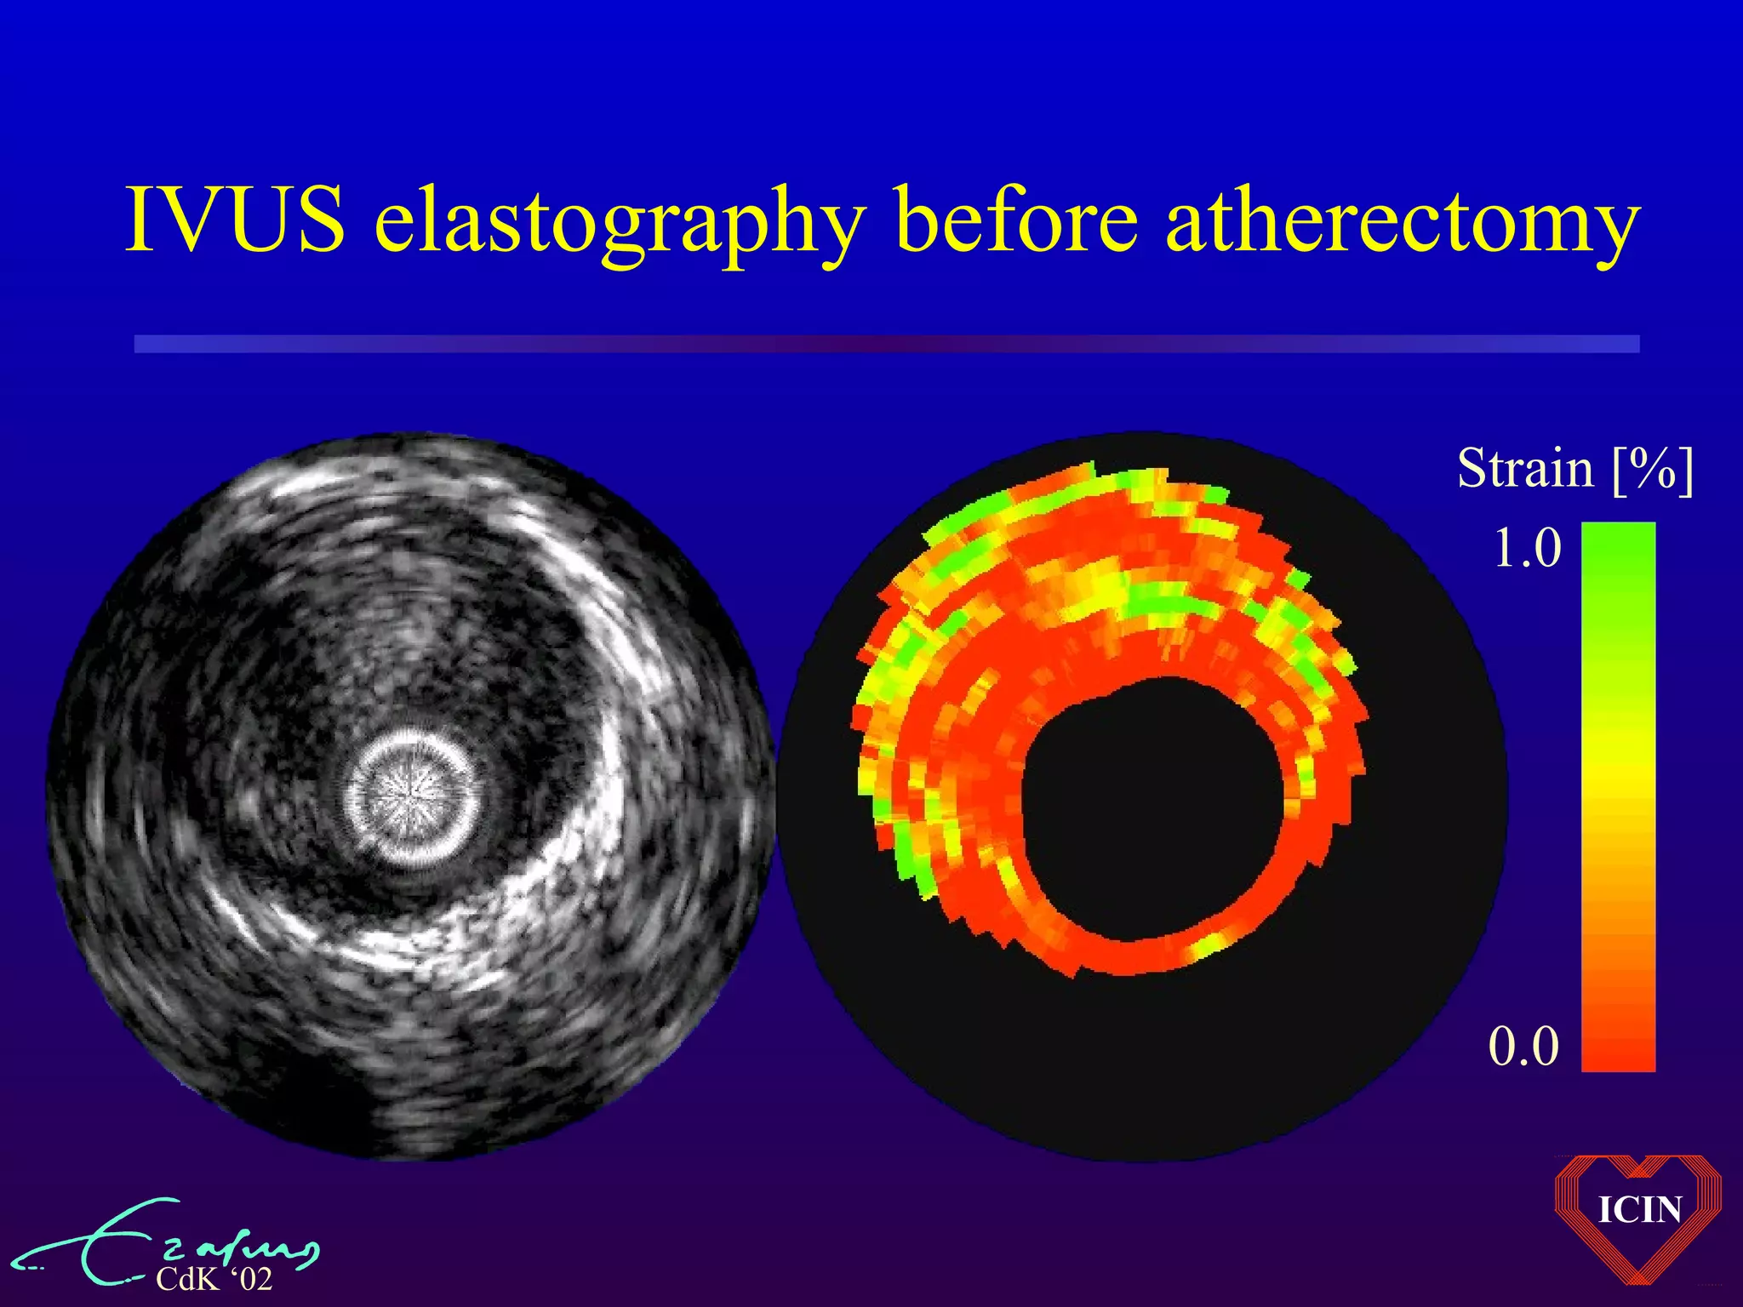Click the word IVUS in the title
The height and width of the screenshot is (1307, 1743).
pos(235,219)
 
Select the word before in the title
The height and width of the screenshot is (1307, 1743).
pos(1016,219)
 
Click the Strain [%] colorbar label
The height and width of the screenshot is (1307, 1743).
pos(1574,469)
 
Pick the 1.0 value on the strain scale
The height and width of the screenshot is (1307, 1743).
pos(1527,547)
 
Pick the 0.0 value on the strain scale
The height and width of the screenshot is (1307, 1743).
pos(1523,1046)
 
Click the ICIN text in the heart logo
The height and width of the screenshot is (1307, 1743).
pos(1639,1210)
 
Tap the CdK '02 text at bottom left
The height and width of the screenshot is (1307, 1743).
pos(214,1279)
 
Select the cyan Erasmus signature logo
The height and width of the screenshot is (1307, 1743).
pos(170,1242)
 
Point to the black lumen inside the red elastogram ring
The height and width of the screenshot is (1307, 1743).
pos(1149,808)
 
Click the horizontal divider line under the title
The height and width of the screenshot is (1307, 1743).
pos(885,344)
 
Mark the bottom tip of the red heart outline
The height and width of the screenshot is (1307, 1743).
pos(1638,1282)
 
